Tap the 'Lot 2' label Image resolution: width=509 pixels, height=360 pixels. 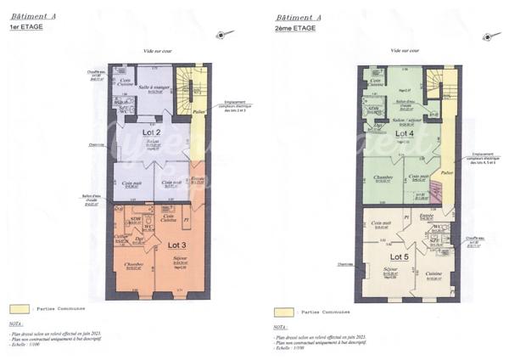pyautogui.click(x=152, y=133)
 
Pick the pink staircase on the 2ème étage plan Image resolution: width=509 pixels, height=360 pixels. pyautogui.click(x=439, y=193)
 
